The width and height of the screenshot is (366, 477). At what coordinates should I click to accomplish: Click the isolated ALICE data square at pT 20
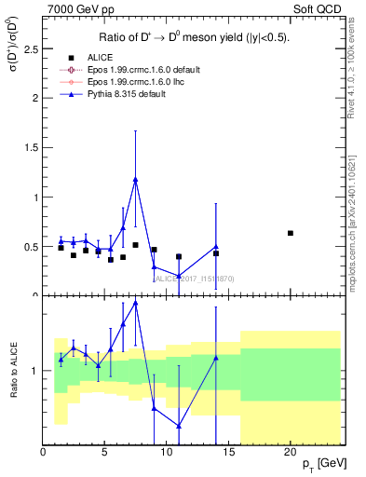pyautogui.click(x=291, y=233)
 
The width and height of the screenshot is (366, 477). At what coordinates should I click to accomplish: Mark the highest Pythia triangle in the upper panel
pyautogui.click(x=136, y=180)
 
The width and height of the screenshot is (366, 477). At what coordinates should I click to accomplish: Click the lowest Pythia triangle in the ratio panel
pyautogui.click(x=179, y=426)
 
